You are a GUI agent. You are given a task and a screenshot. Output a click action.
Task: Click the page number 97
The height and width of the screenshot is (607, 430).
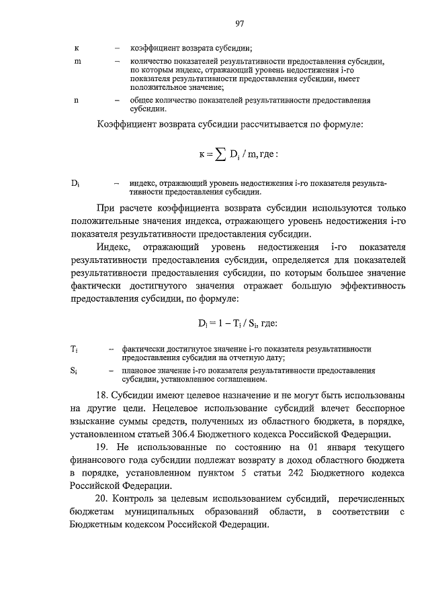tap(239, 25)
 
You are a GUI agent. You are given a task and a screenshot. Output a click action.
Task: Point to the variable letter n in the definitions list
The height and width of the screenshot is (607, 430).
tap(76, 100)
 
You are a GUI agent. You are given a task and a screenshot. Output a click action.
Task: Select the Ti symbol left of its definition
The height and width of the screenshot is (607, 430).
tap(74, 349)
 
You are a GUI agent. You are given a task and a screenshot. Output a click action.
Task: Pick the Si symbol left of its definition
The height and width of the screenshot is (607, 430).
tap(74, 370)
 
